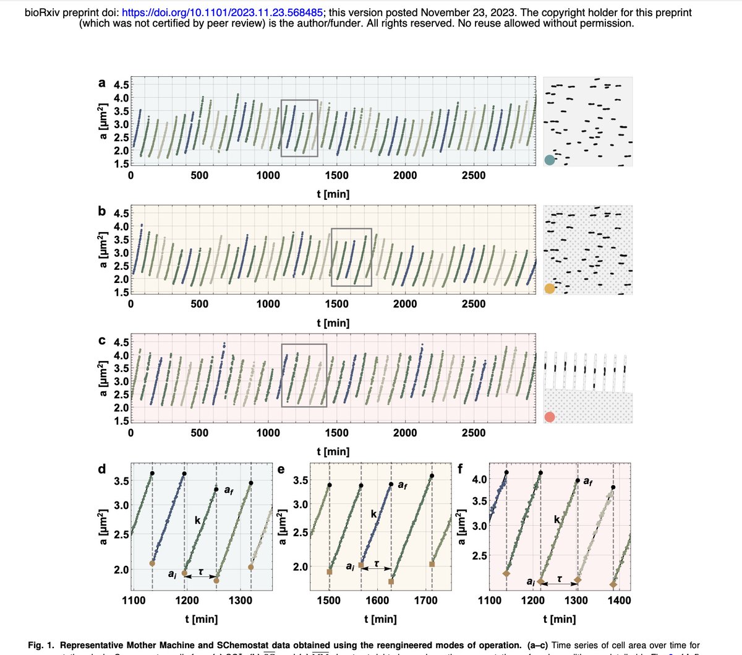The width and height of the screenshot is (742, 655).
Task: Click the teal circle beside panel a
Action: [550, 160]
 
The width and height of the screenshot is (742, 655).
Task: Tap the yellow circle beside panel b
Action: [550, 288]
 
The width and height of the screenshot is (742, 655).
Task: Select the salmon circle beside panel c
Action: [550, 417]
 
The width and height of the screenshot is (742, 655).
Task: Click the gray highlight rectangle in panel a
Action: [299, 128]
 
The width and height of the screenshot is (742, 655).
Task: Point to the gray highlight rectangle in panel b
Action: [351, 257]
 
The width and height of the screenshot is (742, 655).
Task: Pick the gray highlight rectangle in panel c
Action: [304, 375]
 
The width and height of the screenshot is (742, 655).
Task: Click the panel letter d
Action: [102, 469]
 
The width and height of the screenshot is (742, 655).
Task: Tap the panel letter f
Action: [460, 469]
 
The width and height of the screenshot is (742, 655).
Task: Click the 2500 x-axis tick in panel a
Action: [474, 175]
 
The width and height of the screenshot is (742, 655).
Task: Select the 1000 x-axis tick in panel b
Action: [268, 304]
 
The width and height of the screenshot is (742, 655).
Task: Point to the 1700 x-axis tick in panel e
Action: [425, 600]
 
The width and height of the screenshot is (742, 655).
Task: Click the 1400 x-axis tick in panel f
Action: [620, 600]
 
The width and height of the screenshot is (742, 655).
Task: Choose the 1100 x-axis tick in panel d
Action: [134, 600]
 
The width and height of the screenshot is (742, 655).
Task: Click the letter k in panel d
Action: [197, 521]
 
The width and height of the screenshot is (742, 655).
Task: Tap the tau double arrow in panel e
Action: [375, 567]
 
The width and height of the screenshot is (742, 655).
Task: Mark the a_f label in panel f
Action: [589, 481]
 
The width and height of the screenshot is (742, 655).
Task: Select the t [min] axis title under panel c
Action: [333, 451]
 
